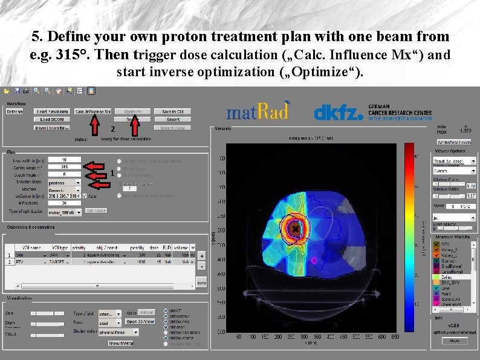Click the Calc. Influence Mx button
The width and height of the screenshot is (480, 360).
(x=92, y=111)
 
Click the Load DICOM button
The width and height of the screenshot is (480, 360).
(x=53, y=120)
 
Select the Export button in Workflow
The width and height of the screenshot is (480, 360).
(x=173, y=120)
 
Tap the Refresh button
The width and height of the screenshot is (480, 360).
(x=15, y=112)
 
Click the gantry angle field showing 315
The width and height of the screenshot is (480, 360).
(x=63, y=166)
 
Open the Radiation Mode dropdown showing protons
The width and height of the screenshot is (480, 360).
(x=63, y=182)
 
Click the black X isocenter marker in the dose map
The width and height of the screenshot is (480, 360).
(x=294, y=229)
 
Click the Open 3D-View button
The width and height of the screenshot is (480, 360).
(x=140, y=321)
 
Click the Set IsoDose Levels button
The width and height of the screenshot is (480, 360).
(x=453, y=142)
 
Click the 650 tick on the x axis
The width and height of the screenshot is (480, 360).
(x=395, y=336)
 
